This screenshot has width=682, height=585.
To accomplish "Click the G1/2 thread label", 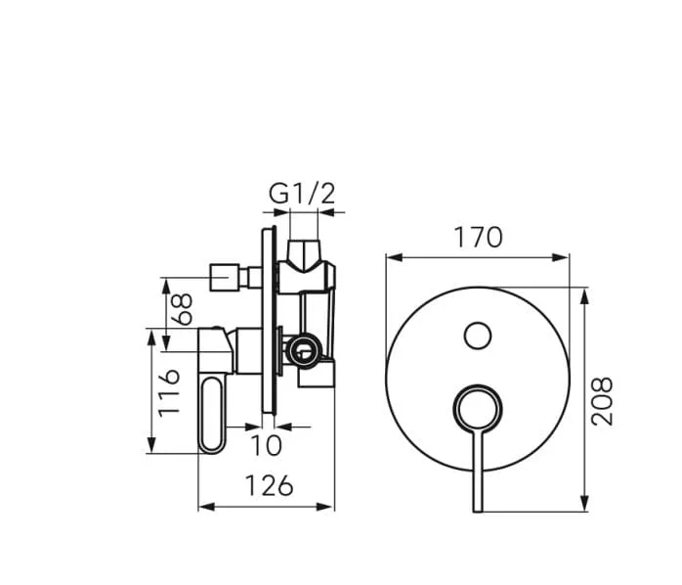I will click(302, 193).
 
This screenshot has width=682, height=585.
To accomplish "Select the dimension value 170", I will click(477, 237).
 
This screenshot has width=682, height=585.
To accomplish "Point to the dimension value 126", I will click(266, 484).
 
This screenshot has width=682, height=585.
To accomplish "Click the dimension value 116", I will click(170, 391).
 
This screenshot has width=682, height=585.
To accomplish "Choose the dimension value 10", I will click(266, 445).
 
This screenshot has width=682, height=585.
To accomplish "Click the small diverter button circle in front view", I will click(477, 336).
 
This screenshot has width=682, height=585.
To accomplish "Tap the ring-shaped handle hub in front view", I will click(477, 406).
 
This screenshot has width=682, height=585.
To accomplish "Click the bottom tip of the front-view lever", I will click(477, 508).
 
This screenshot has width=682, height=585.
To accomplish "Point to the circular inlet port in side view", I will click(303, 346).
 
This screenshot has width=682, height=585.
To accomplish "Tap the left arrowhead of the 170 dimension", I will click(391, 257).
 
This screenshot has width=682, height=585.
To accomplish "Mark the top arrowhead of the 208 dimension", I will click(583, 292).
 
